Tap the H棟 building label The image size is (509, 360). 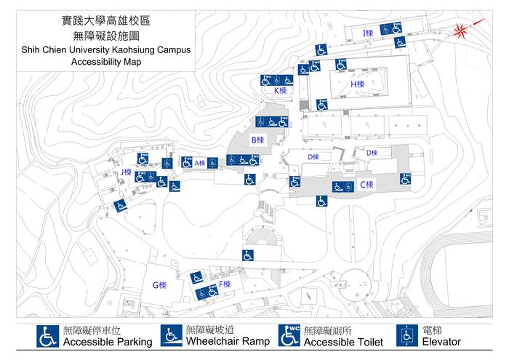tap(357, 84)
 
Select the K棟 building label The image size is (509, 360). tap(280, 91)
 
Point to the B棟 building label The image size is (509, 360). tap(257, 140)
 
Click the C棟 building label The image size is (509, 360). tap(366, 185)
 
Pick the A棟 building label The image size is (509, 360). tap(199, 163)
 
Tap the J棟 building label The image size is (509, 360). tap(126, 172)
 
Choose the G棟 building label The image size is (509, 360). tap(159, 285)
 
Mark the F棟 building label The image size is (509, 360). tap(225, 284)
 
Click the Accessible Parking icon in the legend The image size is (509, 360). tap(49, 336)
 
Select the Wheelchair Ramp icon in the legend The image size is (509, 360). tap(172, 335)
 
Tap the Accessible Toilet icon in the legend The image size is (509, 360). tap(289, 335)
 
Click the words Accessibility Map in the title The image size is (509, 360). tap(106, 63)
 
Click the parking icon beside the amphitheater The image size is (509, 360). tap(248, 255)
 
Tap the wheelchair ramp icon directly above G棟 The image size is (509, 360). tap(195, 276)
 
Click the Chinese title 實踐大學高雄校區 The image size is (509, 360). tap(106, 21)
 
